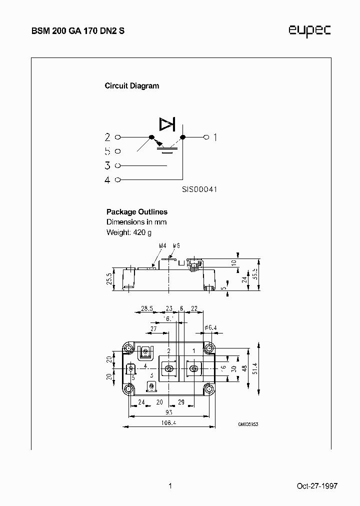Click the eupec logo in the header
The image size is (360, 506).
(x=309, y=31)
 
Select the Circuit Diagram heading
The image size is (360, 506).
(x=131, y=85)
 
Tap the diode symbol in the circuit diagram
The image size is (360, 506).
(x=166, y=123)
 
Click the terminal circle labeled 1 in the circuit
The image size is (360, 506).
(x=205, y=136)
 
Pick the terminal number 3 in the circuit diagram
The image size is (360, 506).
(x=107, y=165)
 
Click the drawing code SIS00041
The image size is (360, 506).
(x=199, y=190)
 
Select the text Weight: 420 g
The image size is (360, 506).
(x=128, y=232)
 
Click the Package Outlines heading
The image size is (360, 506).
(x=136, y=212)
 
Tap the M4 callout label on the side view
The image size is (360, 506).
(x=162, y=246)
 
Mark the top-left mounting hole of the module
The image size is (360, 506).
(x=129, y=348)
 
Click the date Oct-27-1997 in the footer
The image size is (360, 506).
(x=316, y=486)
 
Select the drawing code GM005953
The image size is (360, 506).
(x=248, y=424)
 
